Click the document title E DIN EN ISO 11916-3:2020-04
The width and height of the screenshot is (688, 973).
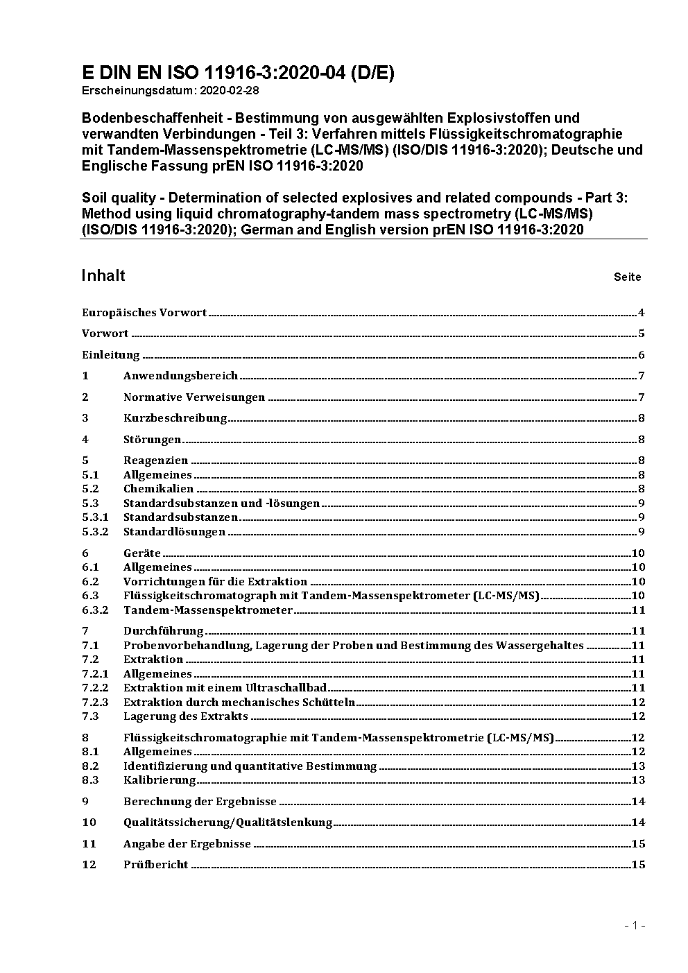pos(238,73)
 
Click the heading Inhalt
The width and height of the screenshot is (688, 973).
pos(103,275)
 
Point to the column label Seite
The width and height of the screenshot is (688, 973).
pos(627,277)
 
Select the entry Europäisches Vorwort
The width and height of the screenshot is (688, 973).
pos(144,313)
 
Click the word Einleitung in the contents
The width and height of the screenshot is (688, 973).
pos(111,355)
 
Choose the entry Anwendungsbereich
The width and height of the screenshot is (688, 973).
pos(180,376)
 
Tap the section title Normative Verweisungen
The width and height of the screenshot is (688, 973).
pos(194,397)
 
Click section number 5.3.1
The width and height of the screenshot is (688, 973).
pos(95,517)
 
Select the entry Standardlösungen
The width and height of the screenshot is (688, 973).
pos(174,532)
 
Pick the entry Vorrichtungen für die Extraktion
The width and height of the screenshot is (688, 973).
pos(215,582)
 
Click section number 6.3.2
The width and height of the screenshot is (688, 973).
pos(95,610)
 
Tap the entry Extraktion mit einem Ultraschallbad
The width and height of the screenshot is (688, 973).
pos(225,688)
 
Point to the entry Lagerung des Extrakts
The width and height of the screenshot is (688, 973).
pos(185,716)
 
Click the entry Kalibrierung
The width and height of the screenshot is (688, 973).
pos(160,780)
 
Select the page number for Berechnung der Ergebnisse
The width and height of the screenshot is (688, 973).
pos(638,802)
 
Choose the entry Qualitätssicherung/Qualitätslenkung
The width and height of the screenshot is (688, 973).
pos(227,823)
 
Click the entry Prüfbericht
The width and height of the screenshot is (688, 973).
pos(155,865)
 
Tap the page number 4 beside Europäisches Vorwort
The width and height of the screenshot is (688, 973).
pos(642,313)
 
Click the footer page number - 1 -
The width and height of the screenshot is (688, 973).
pos(635,925)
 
